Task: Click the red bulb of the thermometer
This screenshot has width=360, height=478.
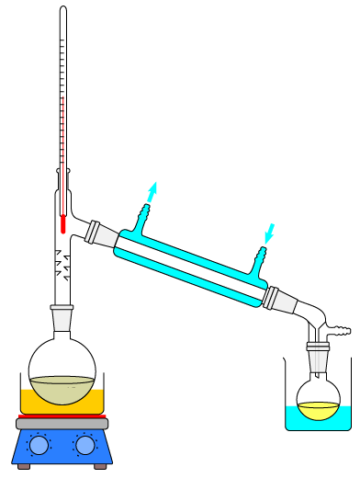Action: coord(63,224)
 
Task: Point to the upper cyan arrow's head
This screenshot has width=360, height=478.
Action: coord(153,188)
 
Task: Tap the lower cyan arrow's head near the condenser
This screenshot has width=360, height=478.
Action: coord(268,238)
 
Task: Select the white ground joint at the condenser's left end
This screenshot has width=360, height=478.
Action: coord(102,234)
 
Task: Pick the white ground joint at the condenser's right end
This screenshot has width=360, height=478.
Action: coord(280,300)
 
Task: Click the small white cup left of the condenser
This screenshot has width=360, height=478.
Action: coord(62,318)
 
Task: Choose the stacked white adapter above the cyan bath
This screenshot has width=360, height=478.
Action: coord(318,357)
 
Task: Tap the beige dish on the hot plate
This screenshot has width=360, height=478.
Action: coord(62,390)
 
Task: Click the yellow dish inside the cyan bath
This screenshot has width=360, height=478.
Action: coord(318,411)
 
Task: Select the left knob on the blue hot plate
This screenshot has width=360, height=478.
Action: coord(39,445)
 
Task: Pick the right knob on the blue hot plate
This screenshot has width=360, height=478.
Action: coord(85,445)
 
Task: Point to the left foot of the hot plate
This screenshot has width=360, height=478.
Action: coord(24,466)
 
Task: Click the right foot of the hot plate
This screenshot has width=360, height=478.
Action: coord(100,466)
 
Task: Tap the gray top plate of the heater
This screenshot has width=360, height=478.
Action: coord(62,424)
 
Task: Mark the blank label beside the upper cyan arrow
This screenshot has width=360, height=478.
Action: coord(170,188)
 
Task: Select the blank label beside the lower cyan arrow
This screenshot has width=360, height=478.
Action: coord(284,232)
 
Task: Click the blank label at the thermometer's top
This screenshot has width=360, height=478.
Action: coord(50,96)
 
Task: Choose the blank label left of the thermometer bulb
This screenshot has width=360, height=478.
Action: coord(44,240)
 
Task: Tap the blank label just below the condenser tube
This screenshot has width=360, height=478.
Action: coord(186,297)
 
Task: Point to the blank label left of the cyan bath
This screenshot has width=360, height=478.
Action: coord(271,418)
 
